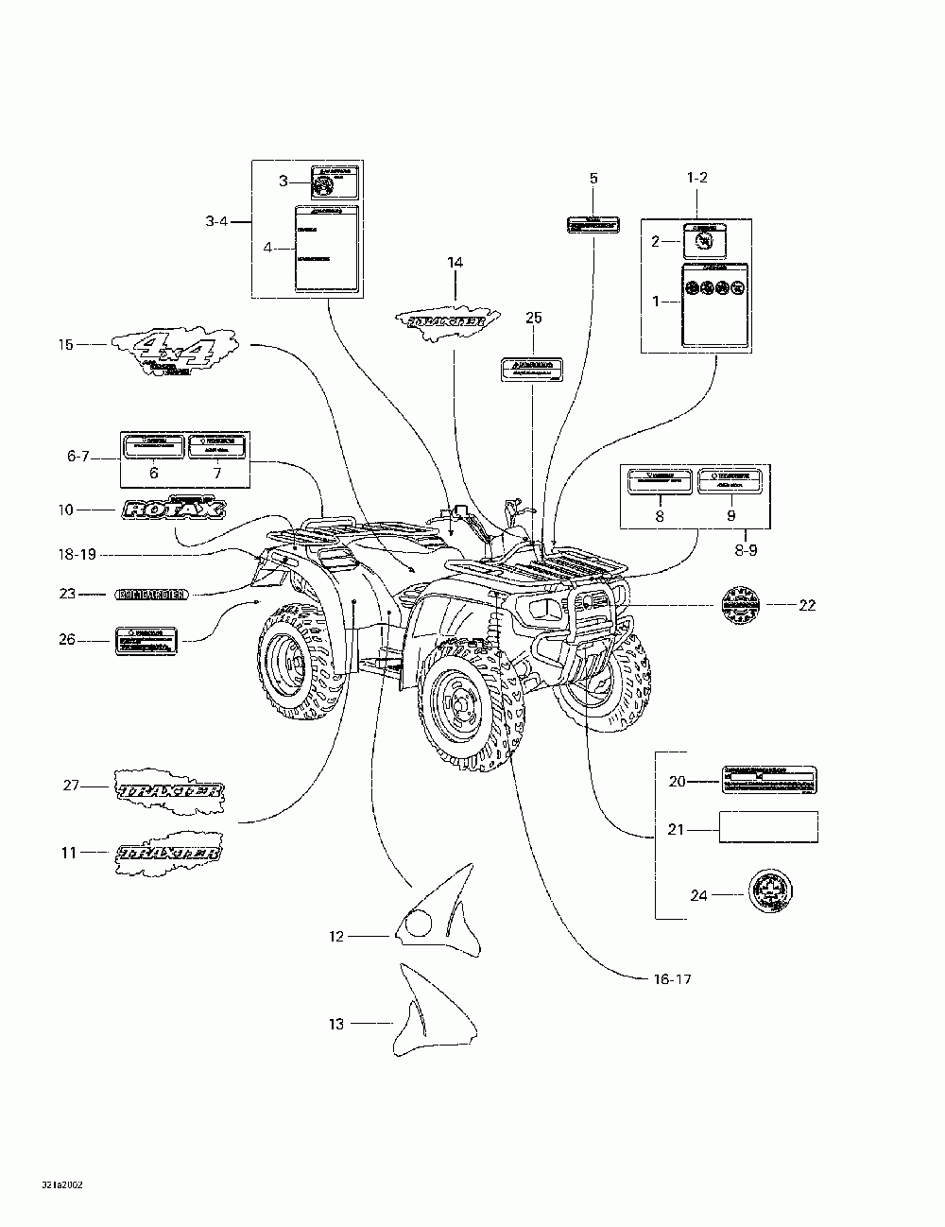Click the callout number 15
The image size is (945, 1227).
(65, 345)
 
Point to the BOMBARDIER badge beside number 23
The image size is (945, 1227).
(150, 595)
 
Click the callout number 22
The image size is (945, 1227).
(806, 605)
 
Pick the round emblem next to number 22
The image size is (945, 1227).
(740, 605)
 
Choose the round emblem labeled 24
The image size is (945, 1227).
(770, 892)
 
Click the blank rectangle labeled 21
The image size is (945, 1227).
(768, 827)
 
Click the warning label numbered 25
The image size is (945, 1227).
(533, 369)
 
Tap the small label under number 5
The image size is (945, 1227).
(593, 225)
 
